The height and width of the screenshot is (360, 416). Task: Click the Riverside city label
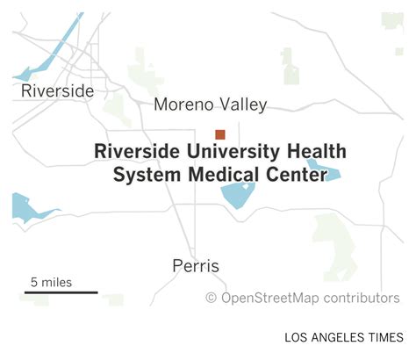(57, 91)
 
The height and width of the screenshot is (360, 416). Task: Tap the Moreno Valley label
(210, 105)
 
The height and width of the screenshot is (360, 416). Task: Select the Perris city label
(196, 266)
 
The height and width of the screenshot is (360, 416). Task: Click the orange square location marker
(220, 134)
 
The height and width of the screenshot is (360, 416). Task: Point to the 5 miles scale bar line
(61, 293)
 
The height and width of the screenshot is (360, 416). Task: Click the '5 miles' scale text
(52, 282)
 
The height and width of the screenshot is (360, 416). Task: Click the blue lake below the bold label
(238, 196)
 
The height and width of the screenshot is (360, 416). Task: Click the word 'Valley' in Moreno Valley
(245, 105)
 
